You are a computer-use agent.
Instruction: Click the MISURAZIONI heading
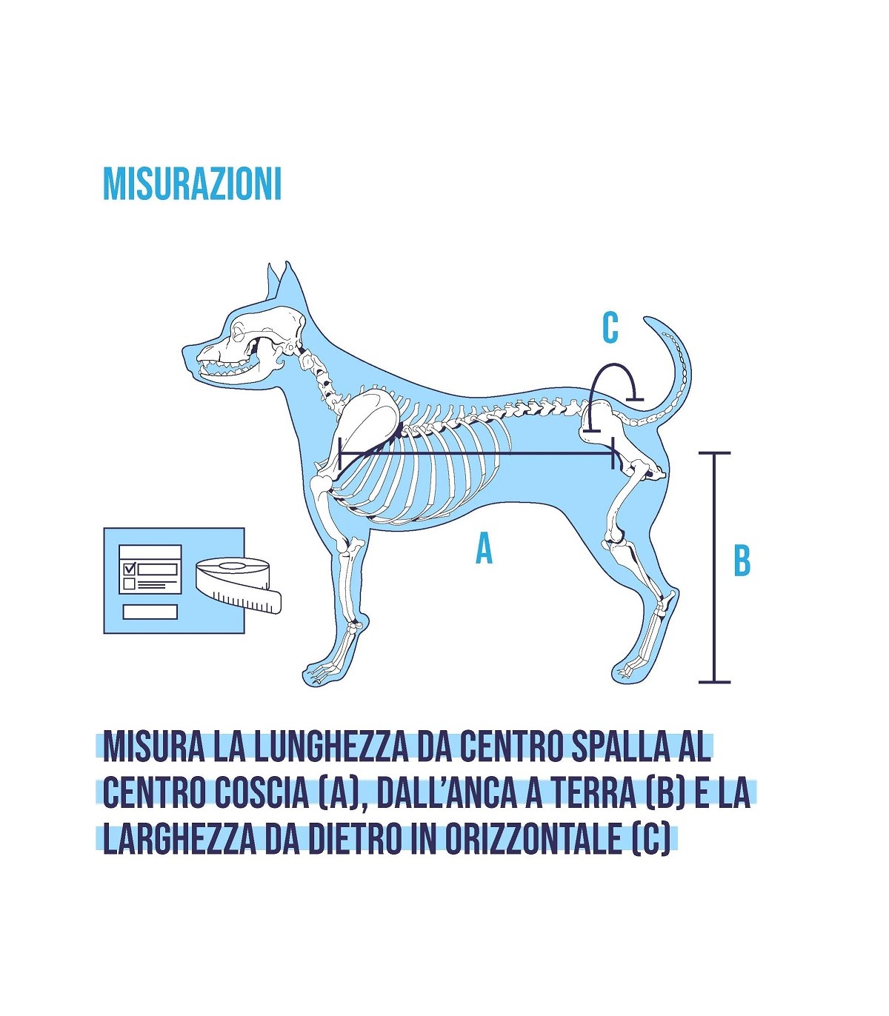pos(192,184)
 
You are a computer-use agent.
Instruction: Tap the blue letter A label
pos(484,548)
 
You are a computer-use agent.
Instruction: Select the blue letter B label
pos(742,561)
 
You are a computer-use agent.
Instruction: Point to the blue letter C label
pos(610,328)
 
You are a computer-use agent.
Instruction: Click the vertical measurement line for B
pos(715,567)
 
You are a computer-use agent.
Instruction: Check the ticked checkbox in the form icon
pos(129,567)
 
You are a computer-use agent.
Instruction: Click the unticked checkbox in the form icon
pos(129,584)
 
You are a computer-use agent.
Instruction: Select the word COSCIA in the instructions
pos(256,807)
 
